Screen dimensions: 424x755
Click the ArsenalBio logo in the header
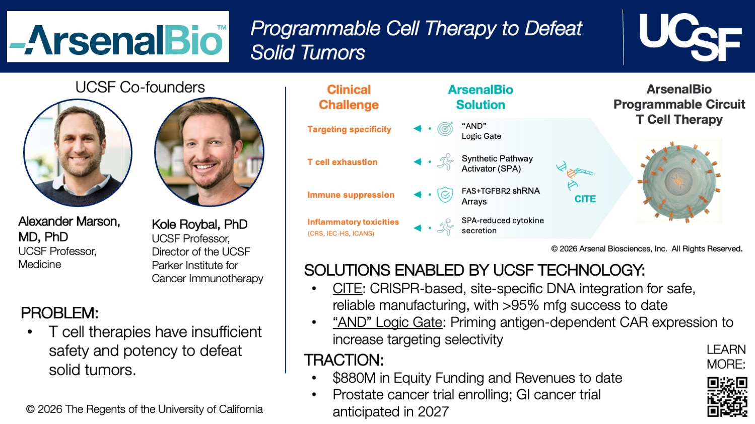pyautogui.click(x=118, y=37)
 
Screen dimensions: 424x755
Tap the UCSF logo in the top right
pyautogui.click(x=690, y=36)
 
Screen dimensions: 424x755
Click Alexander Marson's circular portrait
pyautogui.click(x=78, y=152)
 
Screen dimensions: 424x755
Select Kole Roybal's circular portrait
pyautogui.click(x=209, y=152)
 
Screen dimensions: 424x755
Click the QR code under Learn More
pyautogui.click(x=726, y=397)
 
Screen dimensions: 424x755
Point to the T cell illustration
pyautogui.click(x=678, y=181)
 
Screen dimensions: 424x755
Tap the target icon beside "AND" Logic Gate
pyautogui.click(x=445, y=129)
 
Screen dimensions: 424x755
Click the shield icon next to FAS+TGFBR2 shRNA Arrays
pyautogui.click(x=445, y=195)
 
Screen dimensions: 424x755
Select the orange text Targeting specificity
pyautogui.click(x=349, y=129)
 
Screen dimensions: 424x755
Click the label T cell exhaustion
pyautogui.click(x=342, y=162)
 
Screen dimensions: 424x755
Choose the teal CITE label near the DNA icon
pyautogui.click(x=585, y=199)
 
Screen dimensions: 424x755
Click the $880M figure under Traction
pyautogui.click(x=351, y=378)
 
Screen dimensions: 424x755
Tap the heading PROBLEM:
pyautogui.click(x=59, y=313)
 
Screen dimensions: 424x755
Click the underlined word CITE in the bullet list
pyautogui.click(x=347, y=289)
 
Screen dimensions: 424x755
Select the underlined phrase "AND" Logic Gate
pyautogui.click(x=387, y=322)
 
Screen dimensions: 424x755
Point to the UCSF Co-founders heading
pyautogui.click(x=140, y=88)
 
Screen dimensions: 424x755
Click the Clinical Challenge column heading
pyautogui.click(x=349, y=97)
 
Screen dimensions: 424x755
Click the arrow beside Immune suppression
pyautogui.click(x=418, y=195)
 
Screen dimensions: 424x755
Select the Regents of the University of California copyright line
pyautogui.click(x=145, y=409)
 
